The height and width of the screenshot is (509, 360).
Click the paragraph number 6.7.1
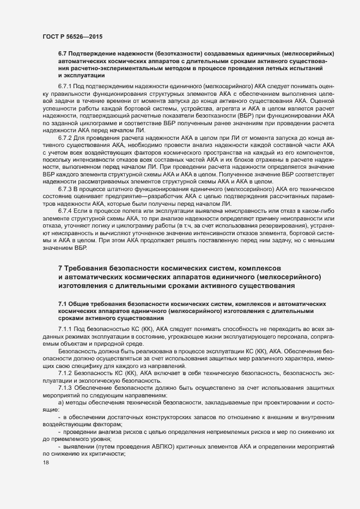pyautogui.click(x=65, y=87)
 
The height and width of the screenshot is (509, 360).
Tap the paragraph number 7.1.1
pyautogui.click(x=65, y=330)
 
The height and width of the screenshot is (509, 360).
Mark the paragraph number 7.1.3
pyautogui.click(x=65, y=387)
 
